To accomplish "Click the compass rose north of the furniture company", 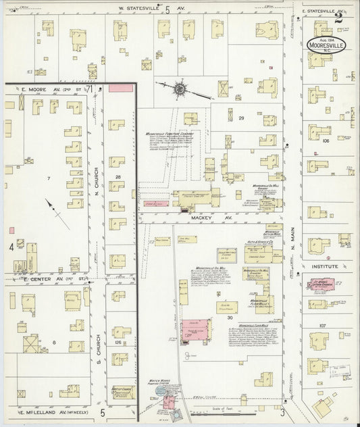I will click(x=180, y=88).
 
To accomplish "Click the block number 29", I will click(x=240, y=118).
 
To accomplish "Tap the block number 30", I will click(x=230, y=317).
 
